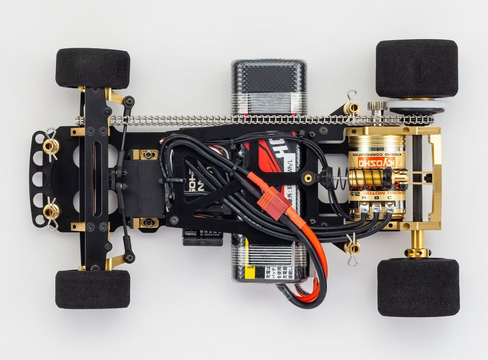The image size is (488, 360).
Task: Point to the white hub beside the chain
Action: pyautogui.click(x=417, y=105)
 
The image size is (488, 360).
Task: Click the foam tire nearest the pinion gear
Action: pyautogui.click(x=417, y=68)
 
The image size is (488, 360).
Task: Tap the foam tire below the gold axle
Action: pyautogui.click(x=418, y=287)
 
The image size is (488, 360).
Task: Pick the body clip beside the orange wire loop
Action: pyautogui.click(x=353, y=248)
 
